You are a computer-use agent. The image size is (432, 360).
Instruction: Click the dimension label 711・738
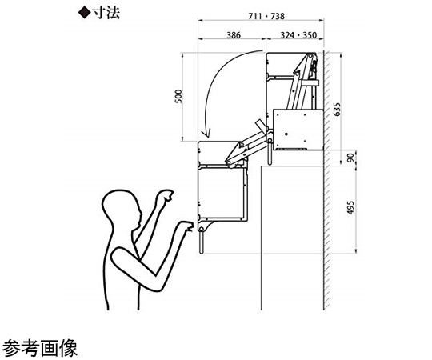266,16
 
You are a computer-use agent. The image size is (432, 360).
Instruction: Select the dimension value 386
234,35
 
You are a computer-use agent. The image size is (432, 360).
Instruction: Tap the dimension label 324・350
298,35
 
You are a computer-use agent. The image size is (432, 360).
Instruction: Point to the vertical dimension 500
179,97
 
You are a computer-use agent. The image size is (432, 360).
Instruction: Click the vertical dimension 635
337,110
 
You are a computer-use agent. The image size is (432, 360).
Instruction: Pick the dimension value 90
350,158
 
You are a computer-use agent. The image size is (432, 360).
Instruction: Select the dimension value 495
350,208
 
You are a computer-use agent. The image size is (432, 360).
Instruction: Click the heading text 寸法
106,13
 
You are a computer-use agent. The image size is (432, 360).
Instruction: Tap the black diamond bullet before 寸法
84,13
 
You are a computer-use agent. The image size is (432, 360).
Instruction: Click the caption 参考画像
40,348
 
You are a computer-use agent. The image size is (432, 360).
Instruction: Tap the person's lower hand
186,226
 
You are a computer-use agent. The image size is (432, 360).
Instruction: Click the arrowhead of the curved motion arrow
206,133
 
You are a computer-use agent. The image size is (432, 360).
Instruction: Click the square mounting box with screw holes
298,130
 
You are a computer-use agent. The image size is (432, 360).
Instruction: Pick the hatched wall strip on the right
326,181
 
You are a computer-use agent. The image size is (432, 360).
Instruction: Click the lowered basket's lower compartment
222,194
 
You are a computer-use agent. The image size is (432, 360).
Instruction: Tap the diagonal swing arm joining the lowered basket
246,150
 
